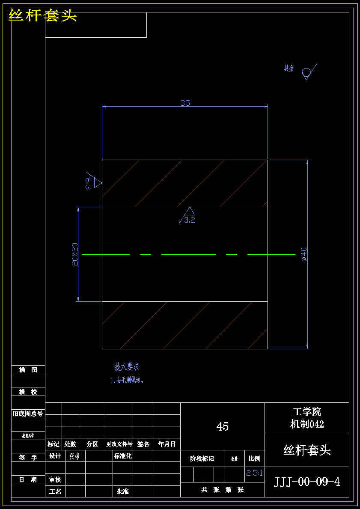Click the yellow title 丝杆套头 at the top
[42, 16]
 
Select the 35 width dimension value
[185, 103]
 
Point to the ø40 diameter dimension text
[304, 254]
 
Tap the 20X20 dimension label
[75, 254]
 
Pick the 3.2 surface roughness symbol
[189, 215]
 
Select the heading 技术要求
[127, 367]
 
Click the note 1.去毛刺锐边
[128, 380]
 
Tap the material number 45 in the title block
[223, 426]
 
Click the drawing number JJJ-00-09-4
[307, 482]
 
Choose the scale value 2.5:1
[254, 473]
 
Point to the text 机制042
[307, 424]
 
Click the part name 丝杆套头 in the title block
[307, 450]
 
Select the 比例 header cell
[254, 458]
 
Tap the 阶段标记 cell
[202, 458]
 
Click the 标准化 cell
[122, 456]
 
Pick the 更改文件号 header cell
[119, 444]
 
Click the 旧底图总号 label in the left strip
[28, 414]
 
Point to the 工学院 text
[307, 412]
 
